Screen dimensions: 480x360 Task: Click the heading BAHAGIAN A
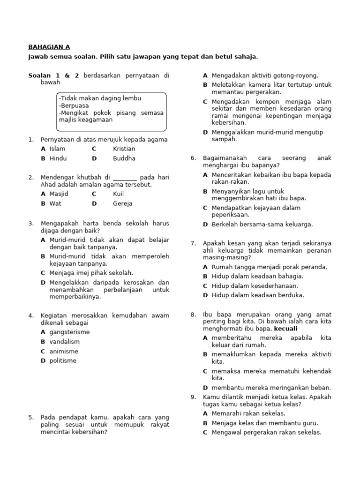(x=49, y=47)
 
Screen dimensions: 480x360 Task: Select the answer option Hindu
(x=58, y=158)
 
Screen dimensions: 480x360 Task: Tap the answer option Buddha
(x=124, y=158)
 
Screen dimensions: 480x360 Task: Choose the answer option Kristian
(x=124, y=149)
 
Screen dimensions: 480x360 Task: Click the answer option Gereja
(x=122, y=203)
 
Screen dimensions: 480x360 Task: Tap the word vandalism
(x=65, y=342)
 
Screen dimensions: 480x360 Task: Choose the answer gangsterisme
(x=69, y=332)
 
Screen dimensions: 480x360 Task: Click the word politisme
(x=63, y=360)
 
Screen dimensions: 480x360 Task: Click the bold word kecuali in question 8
(x=285, y=329)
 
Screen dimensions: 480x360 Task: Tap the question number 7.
(x=193, y=243)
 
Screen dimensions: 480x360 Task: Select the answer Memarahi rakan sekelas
(x=248, y=413)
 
